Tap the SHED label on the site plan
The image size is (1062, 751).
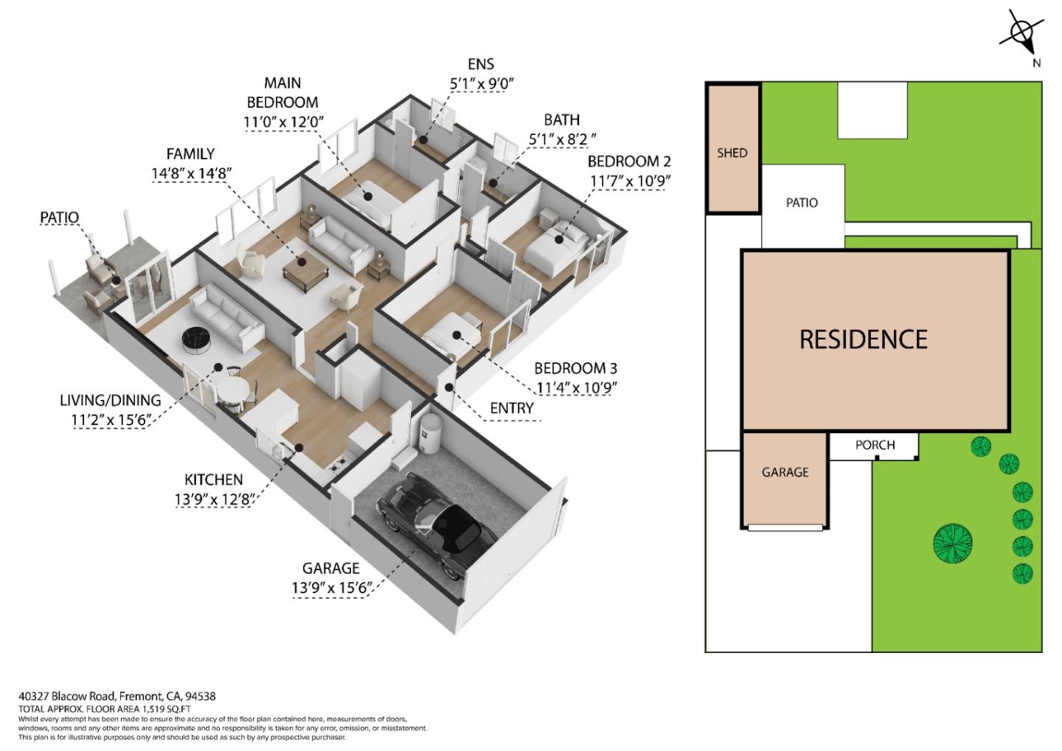coord(732,153)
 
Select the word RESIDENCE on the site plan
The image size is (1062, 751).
coord(864,339)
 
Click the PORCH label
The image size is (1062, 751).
coord(875,445)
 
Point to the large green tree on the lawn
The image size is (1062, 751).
coord(953,543)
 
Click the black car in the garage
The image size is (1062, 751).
coord(436,522)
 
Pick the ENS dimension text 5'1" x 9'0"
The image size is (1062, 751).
coord(482,84)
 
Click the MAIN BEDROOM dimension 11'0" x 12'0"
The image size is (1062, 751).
coord(283,122)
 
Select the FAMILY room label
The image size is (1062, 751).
coord(190,154)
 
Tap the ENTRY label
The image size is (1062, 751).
coord(512,408)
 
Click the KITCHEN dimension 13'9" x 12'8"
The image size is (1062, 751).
coord(215,499)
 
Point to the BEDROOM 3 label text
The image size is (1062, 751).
coord(575,368)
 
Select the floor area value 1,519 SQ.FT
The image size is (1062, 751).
coord(165,709)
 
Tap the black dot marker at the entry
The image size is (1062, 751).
coord(448,388)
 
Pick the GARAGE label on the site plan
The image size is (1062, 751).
coord(785,472)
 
